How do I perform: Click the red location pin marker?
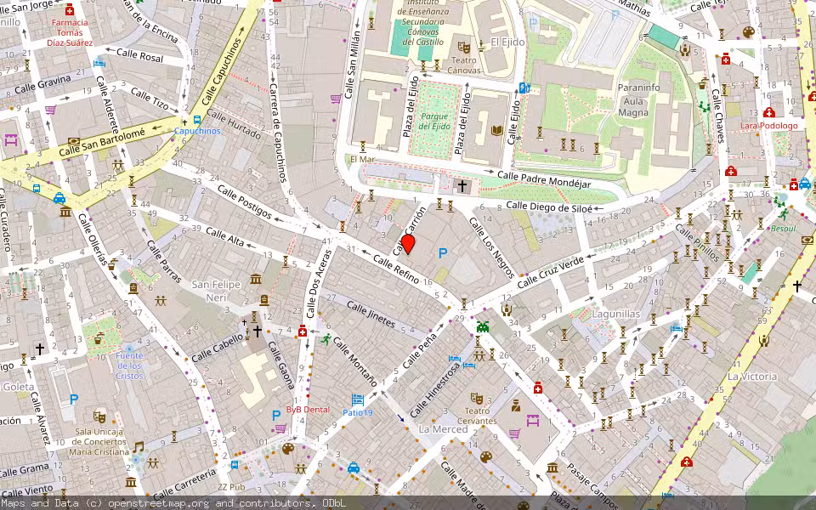407,245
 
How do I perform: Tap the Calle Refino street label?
395,270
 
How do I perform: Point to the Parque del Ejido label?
433,121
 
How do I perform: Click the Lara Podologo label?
768,126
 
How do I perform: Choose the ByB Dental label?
307,409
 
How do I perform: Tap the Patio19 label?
358,412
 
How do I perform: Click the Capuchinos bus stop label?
197,131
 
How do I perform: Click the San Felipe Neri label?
215,290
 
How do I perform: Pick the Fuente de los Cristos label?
130,365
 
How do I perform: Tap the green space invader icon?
483,325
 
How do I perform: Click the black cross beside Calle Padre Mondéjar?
462,185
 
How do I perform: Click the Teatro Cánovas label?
464,65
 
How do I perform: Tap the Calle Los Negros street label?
492,248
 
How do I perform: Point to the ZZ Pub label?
230,487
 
